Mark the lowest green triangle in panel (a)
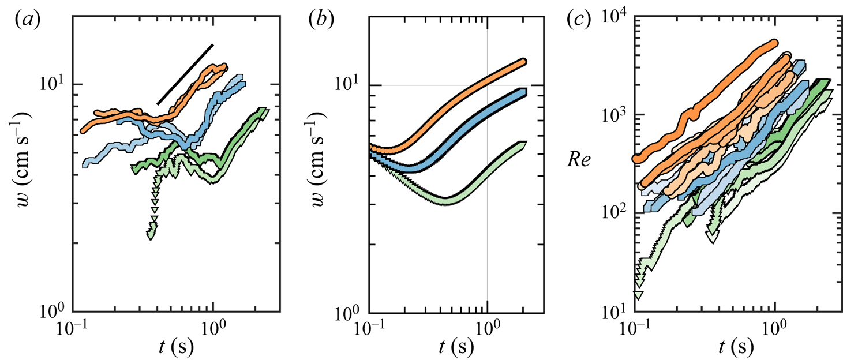152,235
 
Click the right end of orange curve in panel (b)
523,62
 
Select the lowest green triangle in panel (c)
638,295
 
